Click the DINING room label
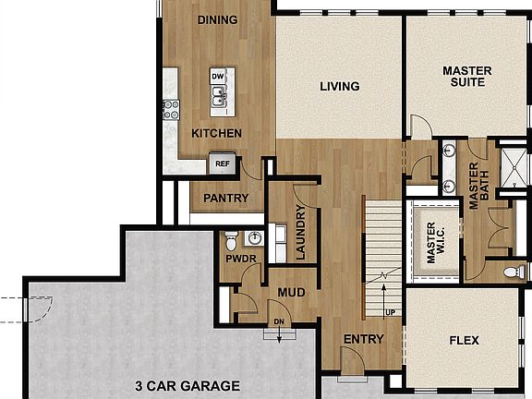218,19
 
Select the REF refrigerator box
222,163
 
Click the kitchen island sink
218,95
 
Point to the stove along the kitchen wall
171,110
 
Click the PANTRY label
225,198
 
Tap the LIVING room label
339,87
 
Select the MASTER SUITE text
466,76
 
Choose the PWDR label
240,260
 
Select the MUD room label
291,293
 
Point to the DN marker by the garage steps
276,321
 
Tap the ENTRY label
363,339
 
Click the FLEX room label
464,341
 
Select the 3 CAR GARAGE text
187,386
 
